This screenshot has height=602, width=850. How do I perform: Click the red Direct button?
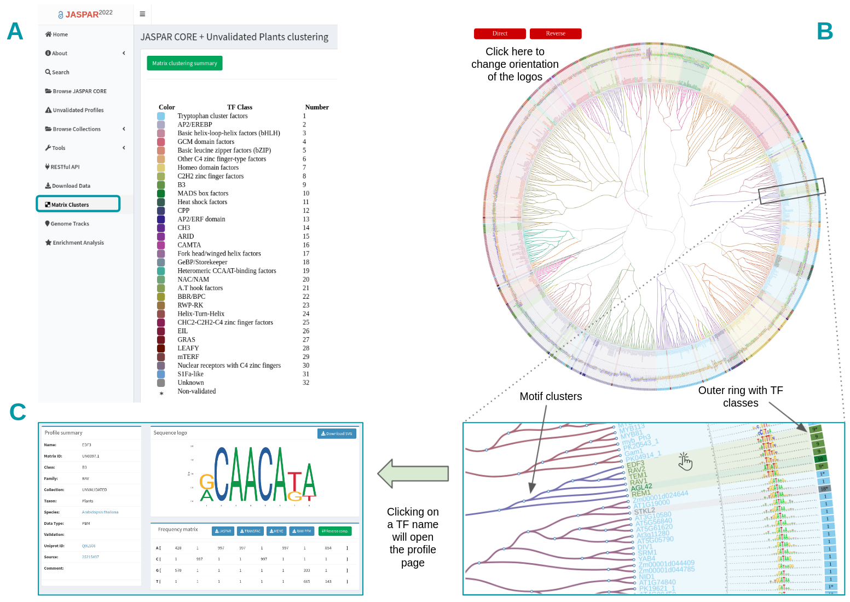500,34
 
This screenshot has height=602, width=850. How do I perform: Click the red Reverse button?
556,34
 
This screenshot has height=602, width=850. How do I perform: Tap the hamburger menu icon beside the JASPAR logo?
142,14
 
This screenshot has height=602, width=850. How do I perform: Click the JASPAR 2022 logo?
85,14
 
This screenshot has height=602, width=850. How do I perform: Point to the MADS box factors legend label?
203,193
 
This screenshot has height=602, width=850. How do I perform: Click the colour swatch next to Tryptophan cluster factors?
161,116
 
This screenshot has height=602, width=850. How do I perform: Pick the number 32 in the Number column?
306,383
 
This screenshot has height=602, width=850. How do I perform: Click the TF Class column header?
240,107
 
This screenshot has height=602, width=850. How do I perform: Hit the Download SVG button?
337,433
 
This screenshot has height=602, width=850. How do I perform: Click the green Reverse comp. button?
335,531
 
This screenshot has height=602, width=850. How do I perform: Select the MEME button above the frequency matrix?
277,531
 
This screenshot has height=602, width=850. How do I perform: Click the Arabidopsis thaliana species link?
100,512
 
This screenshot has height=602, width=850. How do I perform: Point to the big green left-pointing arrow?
413,473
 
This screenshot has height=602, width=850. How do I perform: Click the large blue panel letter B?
824,31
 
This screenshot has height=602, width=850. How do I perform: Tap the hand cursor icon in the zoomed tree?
685,461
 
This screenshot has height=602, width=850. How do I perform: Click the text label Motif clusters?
551,396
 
